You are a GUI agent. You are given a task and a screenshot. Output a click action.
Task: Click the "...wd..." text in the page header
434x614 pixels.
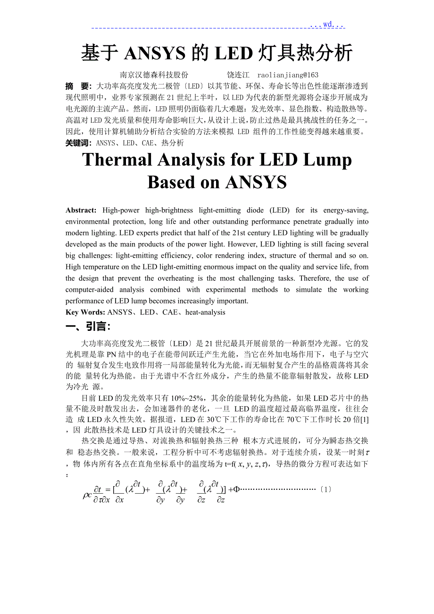[x=327, y=25]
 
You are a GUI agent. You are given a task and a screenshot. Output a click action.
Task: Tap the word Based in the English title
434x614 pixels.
[x=172, y=182]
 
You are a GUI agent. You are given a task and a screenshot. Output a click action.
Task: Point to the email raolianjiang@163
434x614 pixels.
[x=288, y=75]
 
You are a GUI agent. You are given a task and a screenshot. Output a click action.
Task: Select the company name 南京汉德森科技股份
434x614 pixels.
[x=154, y=75]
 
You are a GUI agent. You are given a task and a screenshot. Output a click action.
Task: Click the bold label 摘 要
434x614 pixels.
[x=78, y=86]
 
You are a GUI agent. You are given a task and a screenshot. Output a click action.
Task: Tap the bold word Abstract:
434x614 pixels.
[x=81, y=210]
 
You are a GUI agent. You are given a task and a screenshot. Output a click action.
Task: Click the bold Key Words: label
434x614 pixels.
[x=85, y=312]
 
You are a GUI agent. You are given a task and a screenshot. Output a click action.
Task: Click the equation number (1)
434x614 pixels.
[x=326, y=489]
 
